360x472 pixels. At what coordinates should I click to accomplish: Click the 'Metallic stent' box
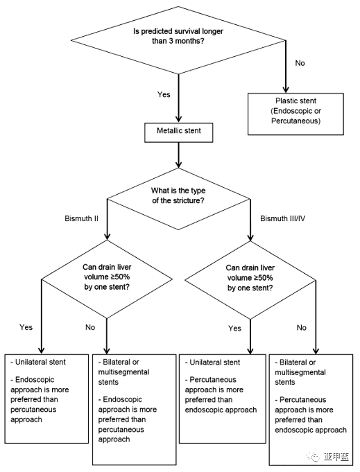179,132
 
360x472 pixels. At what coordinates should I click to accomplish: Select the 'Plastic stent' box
295,114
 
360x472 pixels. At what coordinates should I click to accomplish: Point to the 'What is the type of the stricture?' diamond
178,199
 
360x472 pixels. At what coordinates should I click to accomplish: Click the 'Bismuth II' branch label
81,218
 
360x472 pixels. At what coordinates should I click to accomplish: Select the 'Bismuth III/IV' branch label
282,218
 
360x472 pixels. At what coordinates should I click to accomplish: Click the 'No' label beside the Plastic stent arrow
300,63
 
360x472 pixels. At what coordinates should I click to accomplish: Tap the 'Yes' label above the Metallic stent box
164,94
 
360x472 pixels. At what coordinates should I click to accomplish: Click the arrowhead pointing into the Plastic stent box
286,89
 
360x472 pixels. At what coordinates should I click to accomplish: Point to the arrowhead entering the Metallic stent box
178,119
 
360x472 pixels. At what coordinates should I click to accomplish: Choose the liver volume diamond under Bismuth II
107,279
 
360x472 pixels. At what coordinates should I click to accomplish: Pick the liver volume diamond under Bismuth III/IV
250,280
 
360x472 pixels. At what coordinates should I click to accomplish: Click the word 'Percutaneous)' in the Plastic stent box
295,121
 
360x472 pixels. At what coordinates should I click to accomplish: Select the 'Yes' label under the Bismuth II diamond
26,327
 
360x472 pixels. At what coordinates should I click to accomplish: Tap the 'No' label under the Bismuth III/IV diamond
302,328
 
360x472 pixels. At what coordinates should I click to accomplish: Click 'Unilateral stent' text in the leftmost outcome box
40,362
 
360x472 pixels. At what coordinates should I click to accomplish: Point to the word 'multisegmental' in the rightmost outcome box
300,372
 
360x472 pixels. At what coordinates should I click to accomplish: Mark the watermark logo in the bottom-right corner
328,457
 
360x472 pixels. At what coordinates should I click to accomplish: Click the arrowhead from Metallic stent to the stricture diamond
178,164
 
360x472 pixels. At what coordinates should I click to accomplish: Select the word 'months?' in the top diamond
190,41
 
